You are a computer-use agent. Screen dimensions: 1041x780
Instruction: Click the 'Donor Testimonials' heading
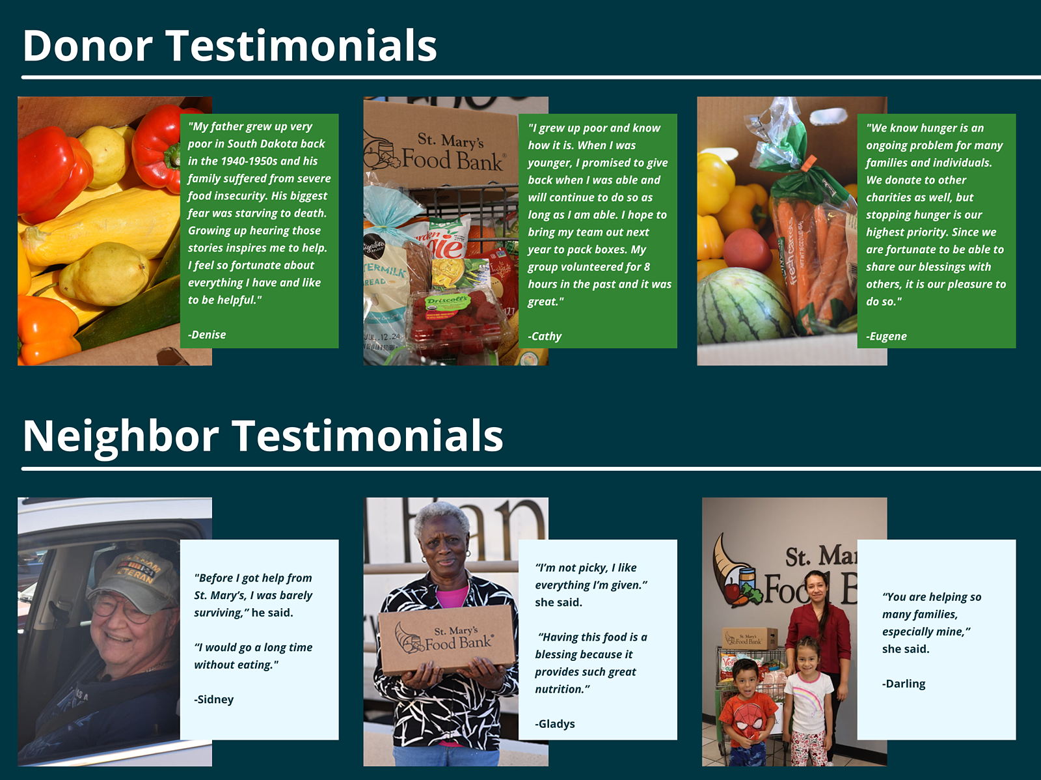tap(230, 46)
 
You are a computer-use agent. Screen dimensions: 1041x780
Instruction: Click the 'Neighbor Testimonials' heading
tap(263, 436)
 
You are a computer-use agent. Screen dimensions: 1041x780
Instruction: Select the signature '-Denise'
tap(207, 335)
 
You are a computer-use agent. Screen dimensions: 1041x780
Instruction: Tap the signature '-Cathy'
tap(545, 337)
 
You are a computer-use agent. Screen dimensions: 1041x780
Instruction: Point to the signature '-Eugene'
tap(886, 337)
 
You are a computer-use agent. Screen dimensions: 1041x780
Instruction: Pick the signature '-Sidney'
tap(214, 699)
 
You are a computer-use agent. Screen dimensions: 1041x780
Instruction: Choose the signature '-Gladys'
tap(555, 724)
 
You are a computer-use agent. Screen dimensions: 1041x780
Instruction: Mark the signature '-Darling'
tap(904, 684)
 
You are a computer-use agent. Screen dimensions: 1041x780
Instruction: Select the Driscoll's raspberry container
tap(455, 323)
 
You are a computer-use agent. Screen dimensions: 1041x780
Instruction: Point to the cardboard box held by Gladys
tap(446, 638)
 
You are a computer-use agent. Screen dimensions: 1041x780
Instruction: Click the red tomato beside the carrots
tap(748, 249)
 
